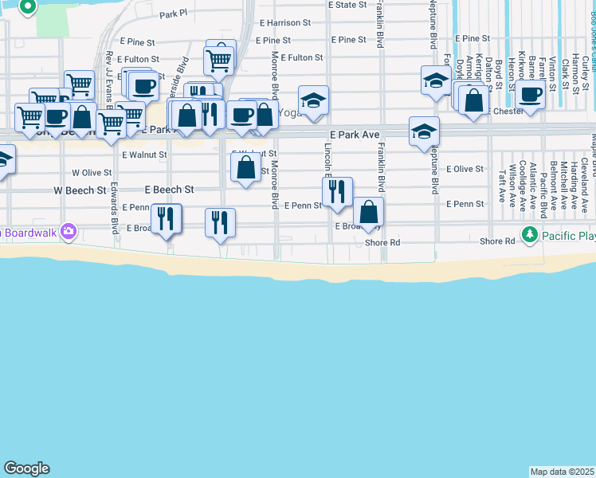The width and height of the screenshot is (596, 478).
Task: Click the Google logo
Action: click(x=26, y=468)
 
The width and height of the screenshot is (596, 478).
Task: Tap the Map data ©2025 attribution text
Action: click(x=563, y=472)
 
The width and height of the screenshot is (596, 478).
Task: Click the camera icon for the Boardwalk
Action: click(x=69, y=232)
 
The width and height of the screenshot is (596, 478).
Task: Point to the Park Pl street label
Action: click(x=173, y=14)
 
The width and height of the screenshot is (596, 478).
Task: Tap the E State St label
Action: click(x=347, y=5)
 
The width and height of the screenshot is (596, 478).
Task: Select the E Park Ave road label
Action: click(x=354, y=135)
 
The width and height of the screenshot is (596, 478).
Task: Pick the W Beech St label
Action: click(x=80, y=191)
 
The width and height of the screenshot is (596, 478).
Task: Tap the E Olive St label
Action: click(x=465, y=169)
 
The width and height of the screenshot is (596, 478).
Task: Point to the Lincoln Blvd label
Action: click(x=327, y=167)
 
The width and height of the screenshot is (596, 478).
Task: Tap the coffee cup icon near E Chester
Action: click(x=529, y=96)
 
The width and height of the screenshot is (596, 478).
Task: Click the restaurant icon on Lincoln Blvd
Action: click(x=337, y=190)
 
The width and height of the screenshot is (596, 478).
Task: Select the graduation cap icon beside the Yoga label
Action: click(x=313, y=100)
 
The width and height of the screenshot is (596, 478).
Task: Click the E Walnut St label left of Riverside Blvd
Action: click(x=145, y=155)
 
